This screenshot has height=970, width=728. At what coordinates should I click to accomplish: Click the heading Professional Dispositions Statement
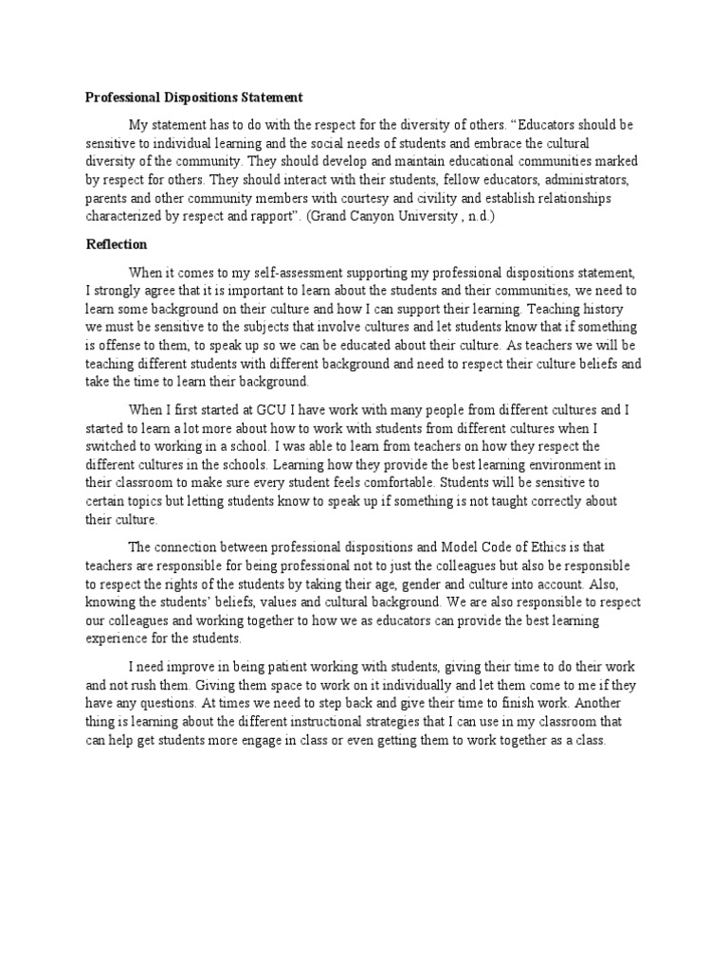pos(194,97)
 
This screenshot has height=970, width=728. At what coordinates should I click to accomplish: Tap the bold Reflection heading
pos(117,243)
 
